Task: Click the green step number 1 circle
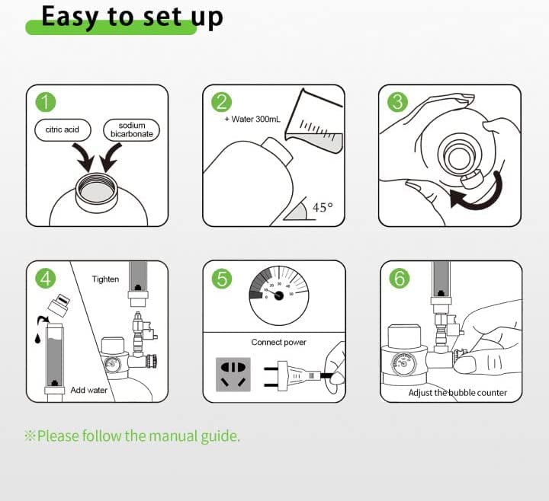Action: pyautogui.click(x=46, y=102)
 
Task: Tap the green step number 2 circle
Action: pyautogui.click(x=222, y=102)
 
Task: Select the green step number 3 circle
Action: pyautogui.click(x=398, y=102)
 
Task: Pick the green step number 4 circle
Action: pyautogui.click(x=46, y=279)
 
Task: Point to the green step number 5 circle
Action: pyautogui.click(x=222, y=279)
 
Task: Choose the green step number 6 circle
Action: pyautogui.click(x=400, y=279)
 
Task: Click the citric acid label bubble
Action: pyautogui.click(x=63, y=129)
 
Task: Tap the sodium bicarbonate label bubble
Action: pyautogui.click(x=132, y=129)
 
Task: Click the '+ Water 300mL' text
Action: pyautogui.click(x=252, y=120)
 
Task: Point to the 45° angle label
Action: pyautogui.click(x=323, y=207)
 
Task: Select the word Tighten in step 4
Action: pyautogui.click(x=105, y=279)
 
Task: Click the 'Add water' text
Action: pyautogui.click(x=89, y=390)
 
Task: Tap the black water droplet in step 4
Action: pyautogui.click(x=37, y=338)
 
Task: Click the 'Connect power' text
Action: pyautogui.click(x=279, y=343)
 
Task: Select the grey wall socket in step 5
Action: pyautogui.click(x=233, y=375)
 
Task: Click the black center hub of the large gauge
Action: pyautogui.click(x=279, y=295)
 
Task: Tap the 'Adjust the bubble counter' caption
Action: pyautogui.click(x=457, y=393)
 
